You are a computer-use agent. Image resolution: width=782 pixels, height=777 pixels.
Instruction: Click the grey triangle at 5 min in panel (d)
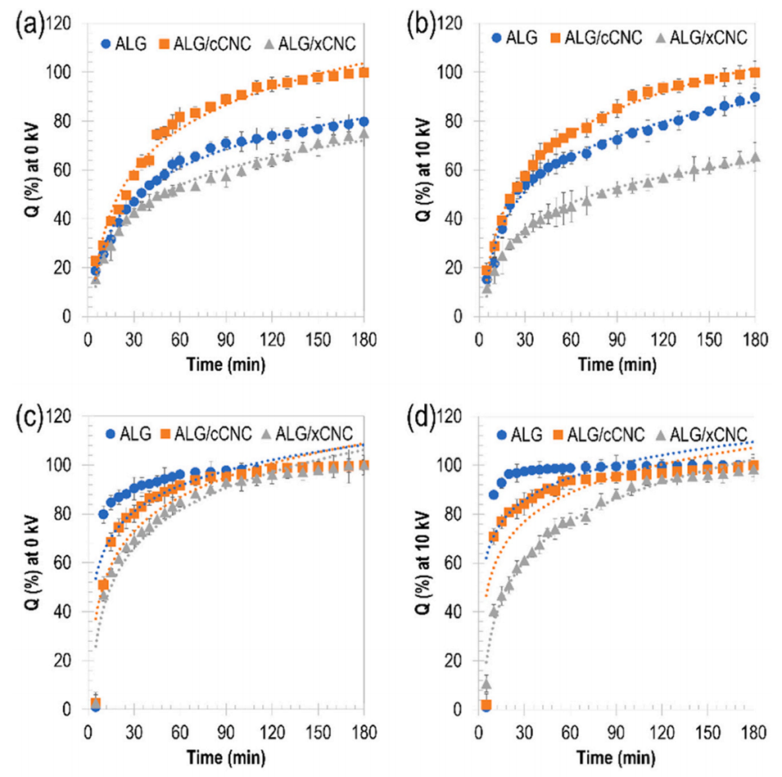point(486,684)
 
